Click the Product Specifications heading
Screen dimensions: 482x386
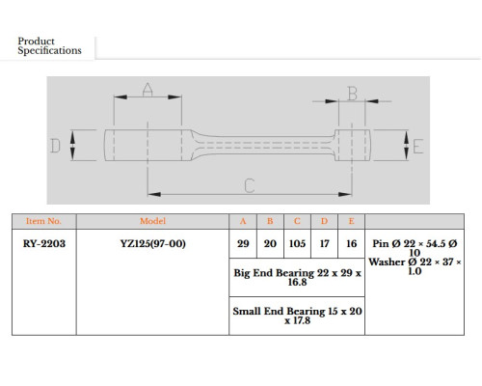point(49,45)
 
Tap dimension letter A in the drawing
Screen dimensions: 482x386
point(147,90)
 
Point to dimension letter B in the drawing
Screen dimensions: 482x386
point(353,94)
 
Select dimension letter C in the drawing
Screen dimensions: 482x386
point(250,185)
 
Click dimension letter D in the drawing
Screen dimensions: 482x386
point(55,146)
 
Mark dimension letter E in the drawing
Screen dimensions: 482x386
point(417,147)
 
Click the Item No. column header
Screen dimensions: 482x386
point(43,221)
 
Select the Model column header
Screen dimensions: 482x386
point(152,221)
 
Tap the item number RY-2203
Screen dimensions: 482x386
point(44,243)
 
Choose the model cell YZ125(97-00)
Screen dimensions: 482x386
point(153,243)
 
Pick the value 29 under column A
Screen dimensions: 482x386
point(243,243)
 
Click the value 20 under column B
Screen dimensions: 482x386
point(270,243)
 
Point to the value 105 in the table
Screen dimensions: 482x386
point(297,243)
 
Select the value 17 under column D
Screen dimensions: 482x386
point(324,243)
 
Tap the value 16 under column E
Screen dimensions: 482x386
point(352,243)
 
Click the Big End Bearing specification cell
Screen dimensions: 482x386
point(297,277)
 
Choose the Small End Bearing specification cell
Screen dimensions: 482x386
point(297,316)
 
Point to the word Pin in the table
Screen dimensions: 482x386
point(381,243)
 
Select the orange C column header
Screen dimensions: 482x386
point(297,221)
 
